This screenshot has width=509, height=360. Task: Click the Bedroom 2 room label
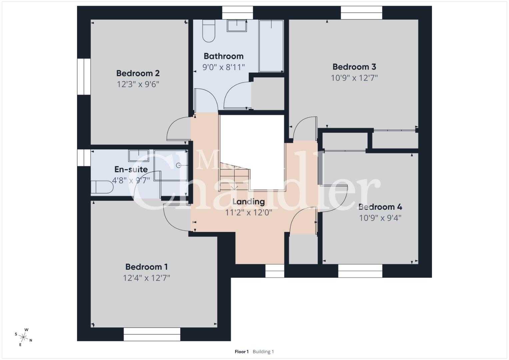(138, 73)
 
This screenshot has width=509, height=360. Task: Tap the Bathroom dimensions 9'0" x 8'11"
(224, 67)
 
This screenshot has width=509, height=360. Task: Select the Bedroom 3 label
(354, 67)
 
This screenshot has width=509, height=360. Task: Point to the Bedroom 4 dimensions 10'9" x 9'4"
(380, 218)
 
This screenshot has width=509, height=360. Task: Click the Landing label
(249, 202)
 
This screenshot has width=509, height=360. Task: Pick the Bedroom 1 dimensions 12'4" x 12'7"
(146, 278)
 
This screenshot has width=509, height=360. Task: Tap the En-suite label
(131, 169)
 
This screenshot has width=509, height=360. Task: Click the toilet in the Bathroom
(209, 31)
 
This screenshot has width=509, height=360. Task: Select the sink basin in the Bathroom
(237, 26)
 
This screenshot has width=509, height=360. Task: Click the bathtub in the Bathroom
(271, 46)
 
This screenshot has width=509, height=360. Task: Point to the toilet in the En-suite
(102, 187)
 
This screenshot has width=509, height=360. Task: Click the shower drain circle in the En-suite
(179, 165)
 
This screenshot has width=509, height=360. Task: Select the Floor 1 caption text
(242, 352)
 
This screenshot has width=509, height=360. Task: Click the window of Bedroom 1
(152, 334)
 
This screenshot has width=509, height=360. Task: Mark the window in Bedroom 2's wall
(84, 77)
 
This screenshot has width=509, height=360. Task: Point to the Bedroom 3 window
(361, 13)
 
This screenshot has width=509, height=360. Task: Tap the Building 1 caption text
(263, 352)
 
